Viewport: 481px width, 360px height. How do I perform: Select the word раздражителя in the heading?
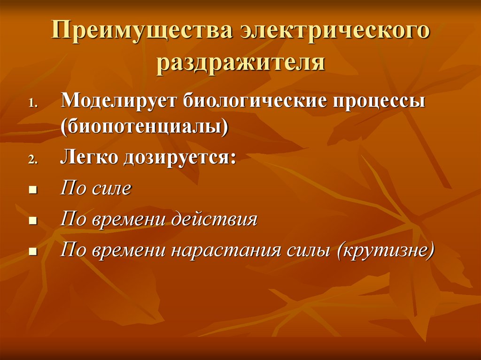240,63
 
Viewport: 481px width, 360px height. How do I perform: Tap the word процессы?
383,102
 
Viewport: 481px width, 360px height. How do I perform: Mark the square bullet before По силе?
32,191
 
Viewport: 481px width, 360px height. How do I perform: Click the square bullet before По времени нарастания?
32,251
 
